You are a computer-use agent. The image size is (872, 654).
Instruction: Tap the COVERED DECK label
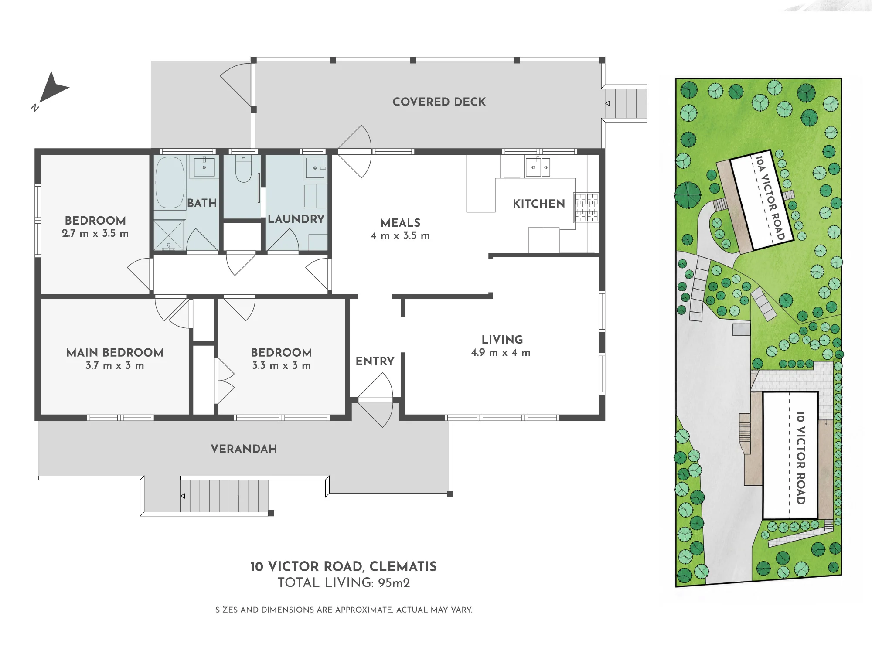pos(439,102)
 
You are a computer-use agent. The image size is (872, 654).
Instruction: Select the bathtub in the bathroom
pos(170,183)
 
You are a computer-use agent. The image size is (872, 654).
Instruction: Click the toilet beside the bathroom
pos(243,169)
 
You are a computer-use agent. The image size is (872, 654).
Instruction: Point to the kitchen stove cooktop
pos(586,208)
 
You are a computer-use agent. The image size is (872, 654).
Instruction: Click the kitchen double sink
pos(538,167)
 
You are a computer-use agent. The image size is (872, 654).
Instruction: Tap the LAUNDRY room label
pos(296,219)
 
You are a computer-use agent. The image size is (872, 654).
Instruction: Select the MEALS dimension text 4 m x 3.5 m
pos(400,236)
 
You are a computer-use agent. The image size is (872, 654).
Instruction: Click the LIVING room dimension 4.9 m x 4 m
pos(501,353)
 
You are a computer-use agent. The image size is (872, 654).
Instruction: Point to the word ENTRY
pos(375,361)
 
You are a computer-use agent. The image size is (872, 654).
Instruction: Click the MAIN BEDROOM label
pos(115,352)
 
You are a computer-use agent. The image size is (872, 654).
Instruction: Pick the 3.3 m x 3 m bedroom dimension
pos(281,365)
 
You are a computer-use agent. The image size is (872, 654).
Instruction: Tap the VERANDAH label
pos(244,449)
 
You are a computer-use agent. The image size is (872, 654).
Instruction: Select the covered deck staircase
pos(625,103)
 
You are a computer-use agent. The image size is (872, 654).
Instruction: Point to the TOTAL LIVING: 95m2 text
pos(344,583)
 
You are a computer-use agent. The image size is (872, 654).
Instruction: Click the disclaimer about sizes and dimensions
pos(344,610)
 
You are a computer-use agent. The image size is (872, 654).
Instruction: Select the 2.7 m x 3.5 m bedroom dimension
pos(95,233)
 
